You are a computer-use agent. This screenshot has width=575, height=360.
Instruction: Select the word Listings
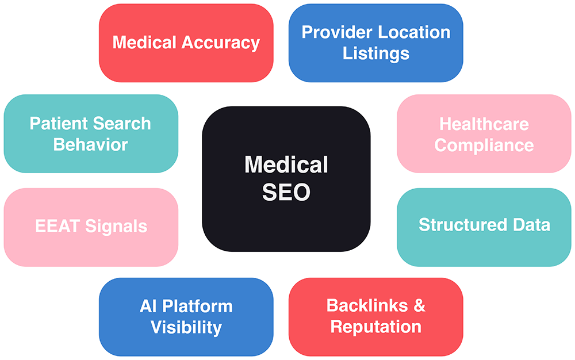click(x=376, y=53)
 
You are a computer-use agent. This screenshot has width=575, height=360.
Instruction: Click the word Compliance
click(x=484, y=144)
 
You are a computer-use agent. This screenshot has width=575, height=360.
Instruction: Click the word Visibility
click(x=186, y=327)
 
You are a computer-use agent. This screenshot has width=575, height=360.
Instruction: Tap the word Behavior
click(x=91, y=144)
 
